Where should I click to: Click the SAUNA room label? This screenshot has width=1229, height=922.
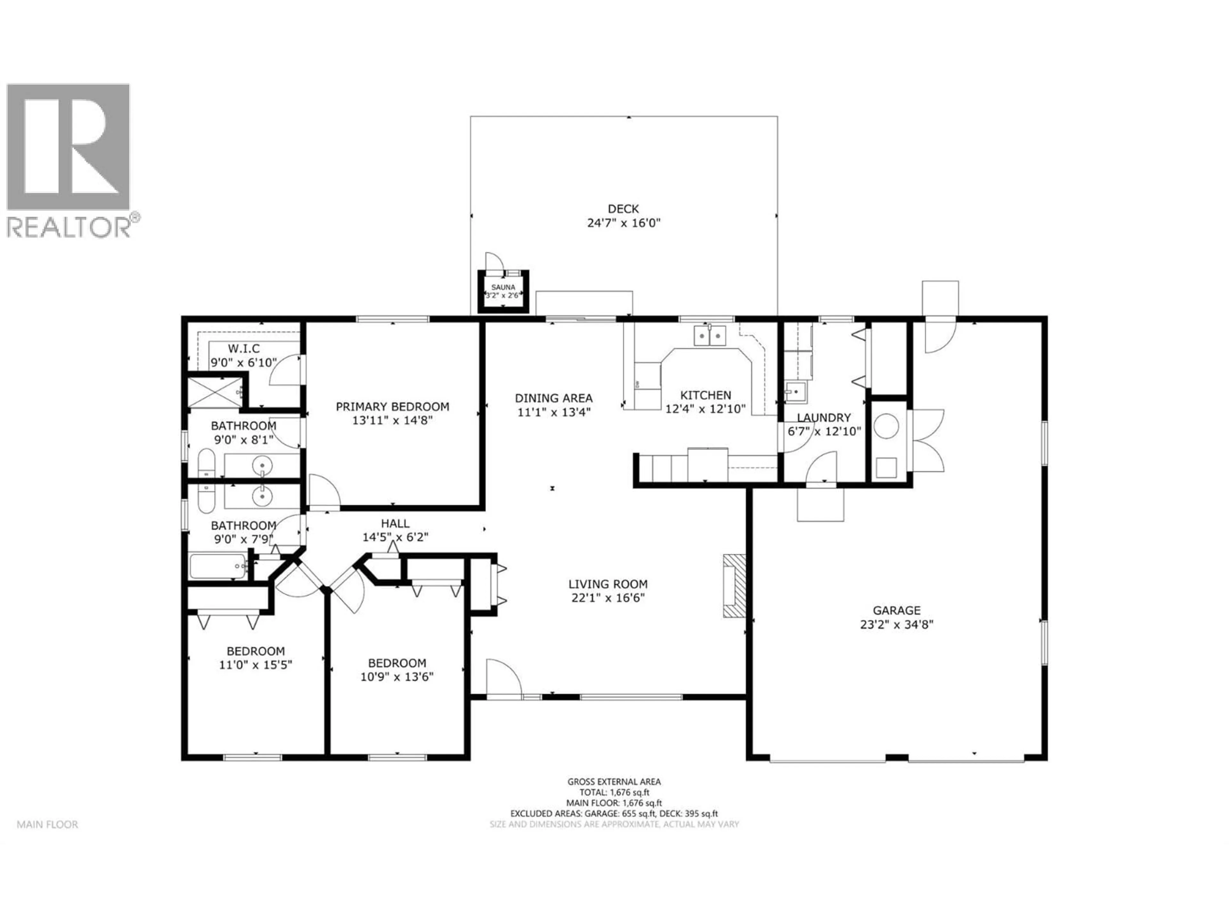pyautogui.click(x=503, y=287)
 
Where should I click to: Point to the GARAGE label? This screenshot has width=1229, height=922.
pyautogui.click(x=896, y=610)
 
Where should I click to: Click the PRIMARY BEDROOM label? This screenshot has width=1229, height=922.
pyautogui.click(x=392, y=407)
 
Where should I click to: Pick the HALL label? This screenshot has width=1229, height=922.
pyautogui.click(x=395, y=523)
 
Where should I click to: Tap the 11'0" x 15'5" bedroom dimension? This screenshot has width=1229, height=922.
pyautogui.click(x=256, y=664)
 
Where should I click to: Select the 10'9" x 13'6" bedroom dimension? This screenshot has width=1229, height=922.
pyautogui.click(x=397, y=676)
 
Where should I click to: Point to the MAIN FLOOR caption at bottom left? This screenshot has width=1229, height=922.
pyautogui.click(x=47, y=824)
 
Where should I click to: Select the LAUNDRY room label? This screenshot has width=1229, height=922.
pyautogui.click(x=824, y=417)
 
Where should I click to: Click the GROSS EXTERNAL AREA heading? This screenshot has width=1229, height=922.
pyautogui.click(x=614, y=781)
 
